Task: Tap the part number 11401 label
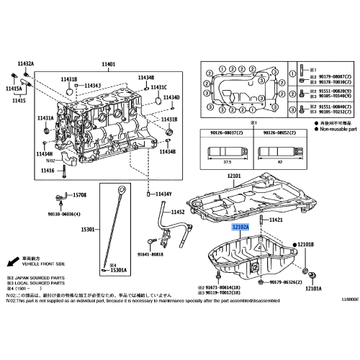[x=109, y=65]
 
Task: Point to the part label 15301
[x=88, y=229]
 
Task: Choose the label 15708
[x=80, y=195]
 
